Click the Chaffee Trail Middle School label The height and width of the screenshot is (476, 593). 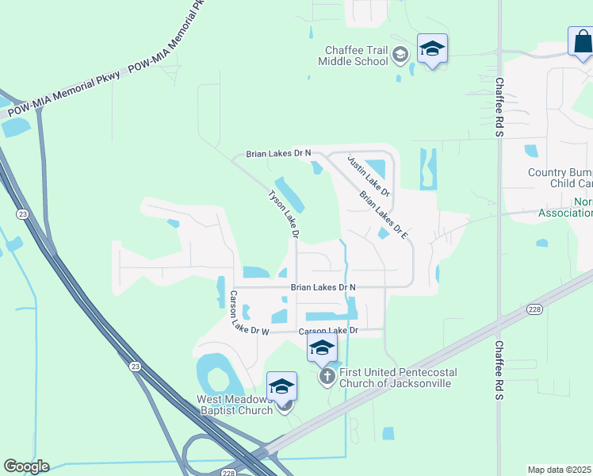[353, 56]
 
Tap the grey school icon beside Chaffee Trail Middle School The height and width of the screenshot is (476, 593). [401, 54]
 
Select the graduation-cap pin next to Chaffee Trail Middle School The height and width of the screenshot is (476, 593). [432, 49]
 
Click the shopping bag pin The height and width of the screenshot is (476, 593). [581, 42]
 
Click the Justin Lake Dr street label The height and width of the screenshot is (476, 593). [369, 175]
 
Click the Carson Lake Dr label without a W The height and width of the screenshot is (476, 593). [328, 330]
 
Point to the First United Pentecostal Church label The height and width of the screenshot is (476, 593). [395, 378]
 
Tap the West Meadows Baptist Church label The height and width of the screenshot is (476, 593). [235, 405]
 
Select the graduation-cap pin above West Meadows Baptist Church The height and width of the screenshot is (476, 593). [281, 386]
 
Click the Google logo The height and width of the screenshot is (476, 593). [26, 466]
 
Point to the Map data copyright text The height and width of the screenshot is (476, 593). [559, 470]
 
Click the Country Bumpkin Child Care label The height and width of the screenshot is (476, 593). [560, 178]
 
